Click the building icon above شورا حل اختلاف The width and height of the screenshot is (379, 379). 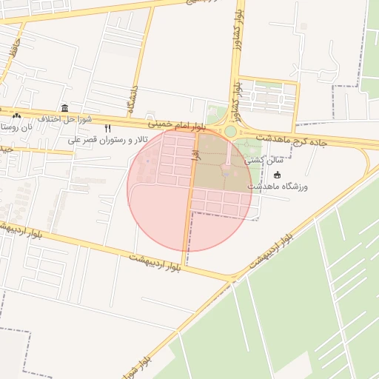click(x=65, y=108)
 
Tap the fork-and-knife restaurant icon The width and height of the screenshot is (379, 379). click(x=108, y=129)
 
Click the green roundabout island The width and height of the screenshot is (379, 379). click(x=230, y=131)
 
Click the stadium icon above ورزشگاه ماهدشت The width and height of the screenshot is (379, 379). click(x=278, y=175)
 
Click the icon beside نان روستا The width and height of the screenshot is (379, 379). click(x=17, y=116)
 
